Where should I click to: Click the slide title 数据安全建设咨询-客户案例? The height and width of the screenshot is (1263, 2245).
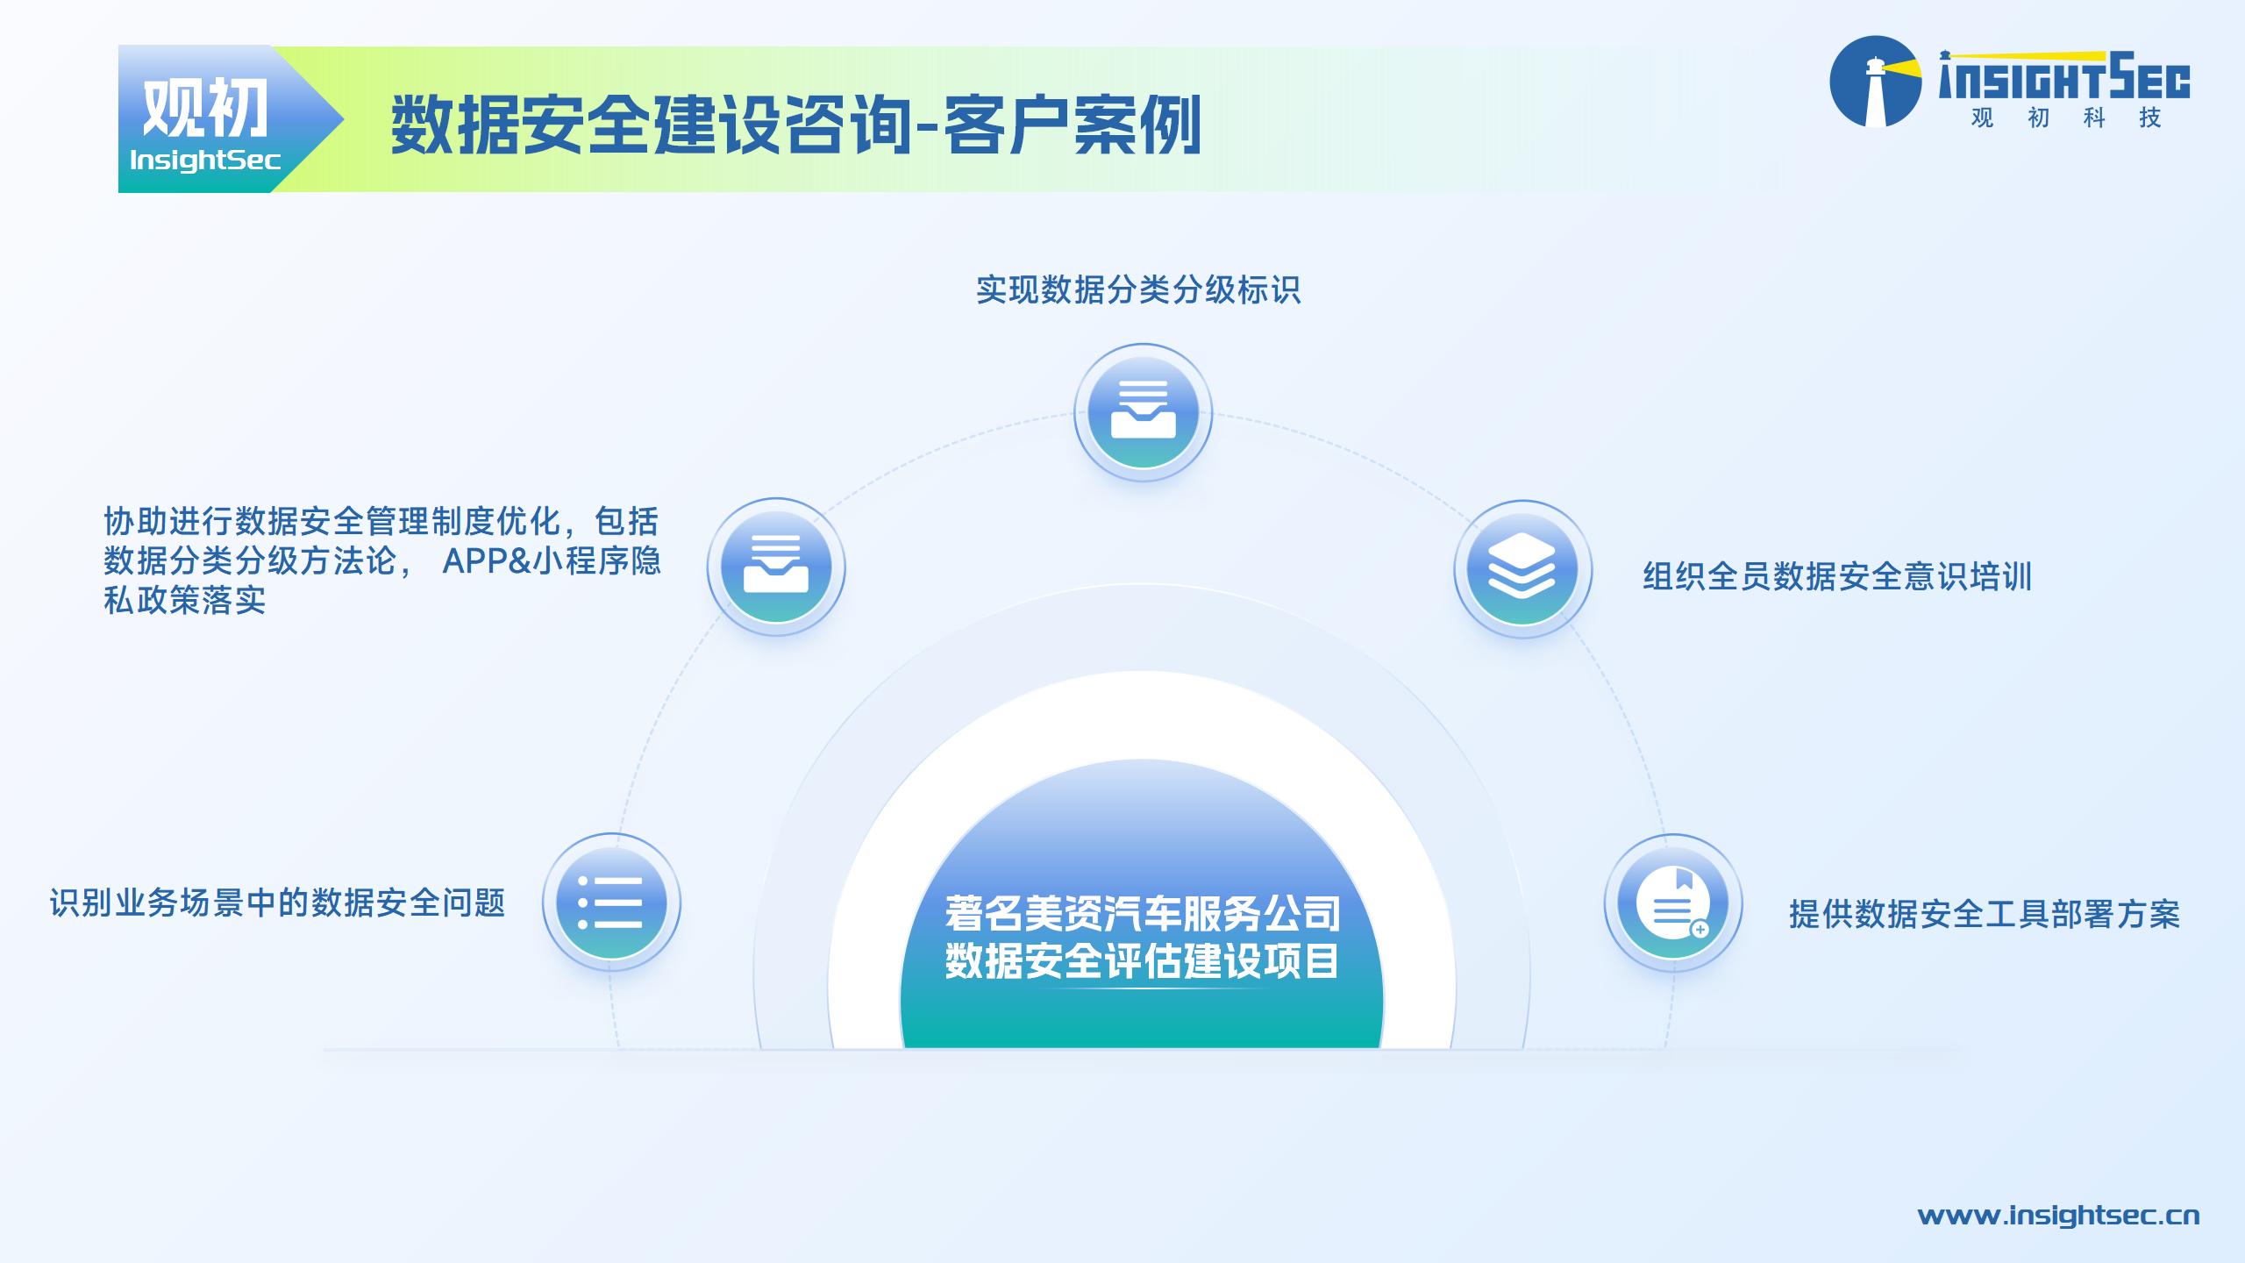tap(796, 125)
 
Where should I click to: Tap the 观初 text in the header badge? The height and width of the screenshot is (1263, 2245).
tap(205, 108)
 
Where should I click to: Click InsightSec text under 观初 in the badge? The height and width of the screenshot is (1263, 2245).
tap(205, 160)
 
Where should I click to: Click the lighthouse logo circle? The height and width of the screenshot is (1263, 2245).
tap(1875, 82)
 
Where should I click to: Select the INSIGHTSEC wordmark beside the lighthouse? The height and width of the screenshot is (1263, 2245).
tap(2064, 76)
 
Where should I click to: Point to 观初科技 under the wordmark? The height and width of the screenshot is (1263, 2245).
tap(2066, 118)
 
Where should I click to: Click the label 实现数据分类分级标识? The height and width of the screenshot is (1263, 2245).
tap(1138, 289)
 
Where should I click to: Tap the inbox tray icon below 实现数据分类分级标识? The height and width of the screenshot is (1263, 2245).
tap(1143, 412)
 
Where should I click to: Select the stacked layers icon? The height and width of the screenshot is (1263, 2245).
tap(1522, 569)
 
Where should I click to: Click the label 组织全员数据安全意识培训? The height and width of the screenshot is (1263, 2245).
tap(1837, 576)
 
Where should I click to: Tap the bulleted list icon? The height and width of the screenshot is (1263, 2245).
tap(611, 902)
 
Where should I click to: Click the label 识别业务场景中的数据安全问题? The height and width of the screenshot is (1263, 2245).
tap(277, 903)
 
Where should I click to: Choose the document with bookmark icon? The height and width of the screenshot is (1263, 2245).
tap(1673, 903)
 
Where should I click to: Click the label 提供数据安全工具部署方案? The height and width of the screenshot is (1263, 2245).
tap(1985, 914)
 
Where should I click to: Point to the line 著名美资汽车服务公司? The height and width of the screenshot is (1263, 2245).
tap(1143, 914)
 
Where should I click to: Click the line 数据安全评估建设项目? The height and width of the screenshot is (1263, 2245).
tap(1143, 961)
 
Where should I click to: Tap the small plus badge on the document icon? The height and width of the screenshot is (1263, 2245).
tap(1700, 929)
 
